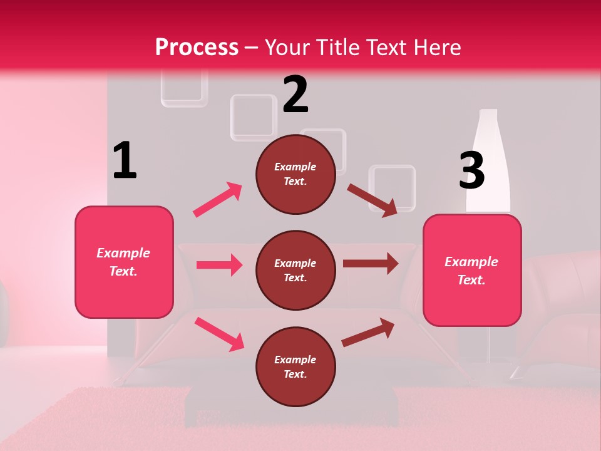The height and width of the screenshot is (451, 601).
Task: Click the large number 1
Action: point(125,161)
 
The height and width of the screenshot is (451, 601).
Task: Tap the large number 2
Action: point(295,95)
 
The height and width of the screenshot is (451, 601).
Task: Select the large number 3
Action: point(471,170)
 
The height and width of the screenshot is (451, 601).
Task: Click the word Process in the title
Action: point(197,47)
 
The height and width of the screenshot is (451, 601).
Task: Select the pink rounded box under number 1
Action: point(124,262)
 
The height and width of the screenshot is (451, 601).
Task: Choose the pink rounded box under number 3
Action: point(472,270)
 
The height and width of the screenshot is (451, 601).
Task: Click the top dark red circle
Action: point(295,174)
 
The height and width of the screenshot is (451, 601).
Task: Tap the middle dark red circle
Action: point(295,270)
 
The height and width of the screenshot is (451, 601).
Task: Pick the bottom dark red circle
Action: point(295,366)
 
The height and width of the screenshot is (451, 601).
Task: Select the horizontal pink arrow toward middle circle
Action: point(219,265)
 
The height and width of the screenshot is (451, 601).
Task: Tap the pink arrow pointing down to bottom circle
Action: point(219,334)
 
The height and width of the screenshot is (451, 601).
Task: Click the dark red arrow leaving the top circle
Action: point(372,200)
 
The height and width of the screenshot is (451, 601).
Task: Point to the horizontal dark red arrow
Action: point(370,264)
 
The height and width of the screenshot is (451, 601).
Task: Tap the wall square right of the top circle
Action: point(393,186)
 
